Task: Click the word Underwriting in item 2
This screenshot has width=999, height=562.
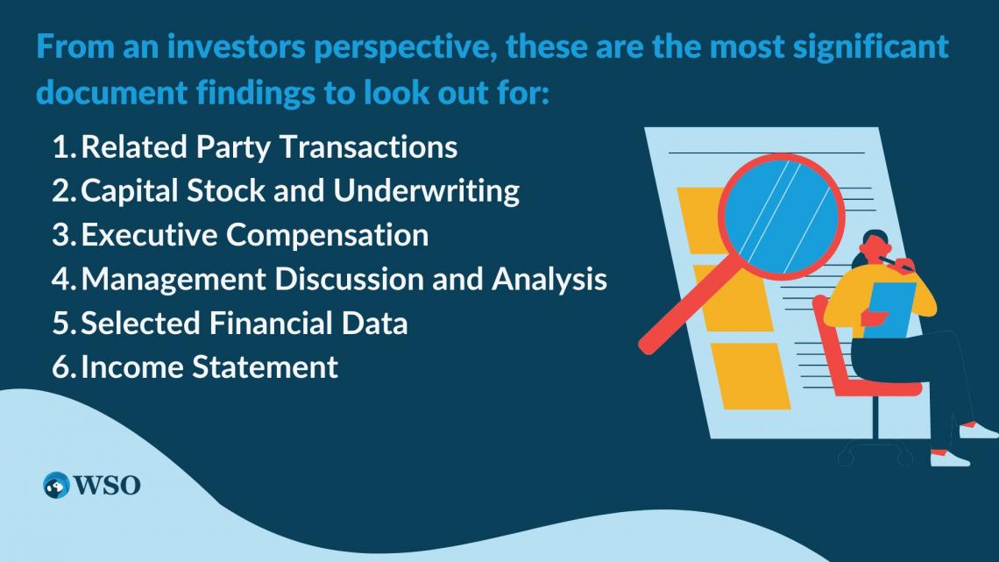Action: click(x=426, y=191)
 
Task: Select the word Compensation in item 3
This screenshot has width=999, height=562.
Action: click(x=328, y=236)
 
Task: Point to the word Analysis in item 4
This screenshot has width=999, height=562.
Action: click(x=549, y=280)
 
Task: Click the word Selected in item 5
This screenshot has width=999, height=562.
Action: click(x=141, y=323)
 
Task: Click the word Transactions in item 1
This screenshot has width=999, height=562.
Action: click(x=368, y=147)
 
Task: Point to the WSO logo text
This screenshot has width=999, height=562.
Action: click(x=107, y=486)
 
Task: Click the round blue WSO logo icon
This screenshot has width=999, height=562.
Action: click(x=56, y=486)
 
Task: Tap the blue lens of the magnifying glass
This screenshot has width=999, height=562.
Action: click(x=782, y=216)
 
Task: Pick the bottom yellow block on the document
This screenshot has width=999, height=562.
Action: click(x=751, y=376)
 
